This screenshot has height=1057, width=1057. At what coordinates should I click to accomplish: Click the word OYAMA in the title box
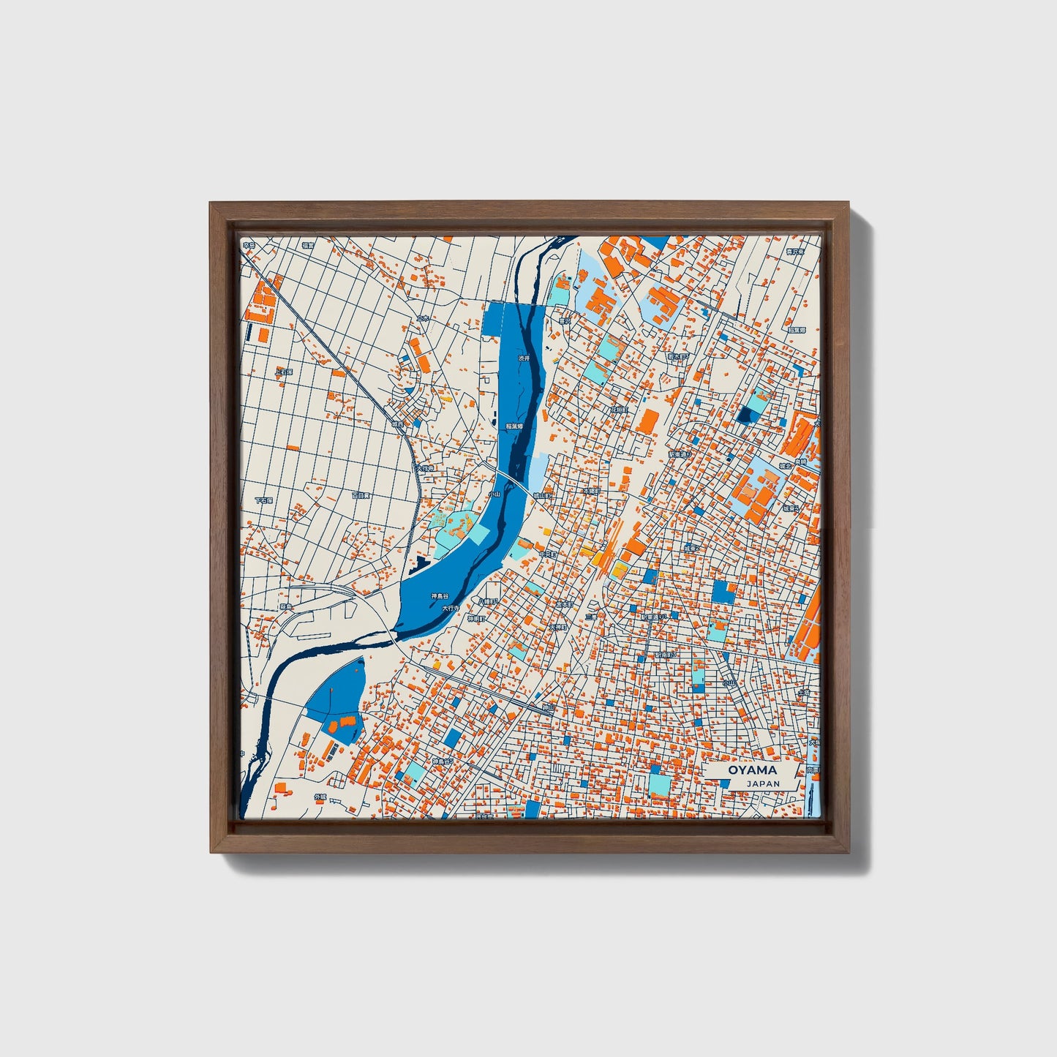752,770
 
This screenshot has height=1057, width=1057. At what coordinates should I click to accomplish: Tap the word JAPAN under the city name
763,783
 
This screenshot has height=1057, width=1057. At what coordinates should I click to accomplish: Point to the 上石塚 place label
284,372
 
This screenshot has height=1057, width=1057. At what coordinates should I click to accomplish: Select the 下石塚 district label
263,501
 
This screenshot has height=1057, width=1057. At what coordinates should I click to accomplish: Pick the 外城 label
320,797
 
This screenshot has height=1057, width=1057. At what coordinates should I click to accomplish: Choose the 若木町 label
678,358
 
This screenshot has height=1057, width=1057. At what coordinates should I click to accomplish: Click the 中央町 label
548,555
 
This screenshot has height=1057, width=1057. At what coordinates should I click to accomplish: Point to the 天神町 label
558,628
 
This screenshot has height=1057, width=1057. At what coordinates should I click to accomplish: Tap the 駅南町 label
664,655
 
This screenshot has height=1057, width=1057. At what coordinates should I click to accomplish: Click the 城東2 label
692,547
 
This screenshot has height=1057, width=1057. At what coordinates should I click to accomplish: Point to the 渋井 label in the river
523,358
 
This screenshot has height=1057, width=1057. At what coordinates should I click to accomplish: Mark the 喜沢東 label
796,251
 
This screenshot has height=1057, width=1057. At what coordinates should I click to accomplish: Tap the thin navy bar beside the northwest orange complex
249,332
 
